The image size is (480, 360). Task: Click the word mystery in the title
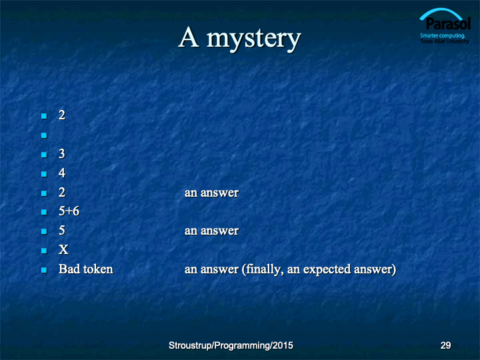pyautogui.click(x=254, y=39)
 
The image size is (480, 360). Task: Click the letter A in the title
pyautogui.click(x=189, y=37)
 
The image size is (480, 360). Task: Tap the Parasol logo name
pyautogui.click(x=448, y=24)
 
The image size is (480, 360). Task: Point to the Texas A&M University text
pyautogui.click(x=445, y=41)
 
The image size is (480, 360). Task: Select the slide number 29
pyautogui.click(x=445, y=345)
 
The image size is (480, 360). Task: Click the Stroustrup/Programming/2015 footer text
pyautogui.click(x=231, y=345)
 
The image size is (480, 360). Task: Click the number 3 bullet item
pyautogui.click(x=62, y=154)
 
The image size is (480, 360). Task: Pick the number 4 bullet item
pyautogui.click(x=62, y=173)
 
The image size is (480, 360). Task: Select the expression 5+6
pyautogui.click(x=69, y=211)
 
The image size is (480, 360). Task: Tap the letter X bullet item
pyautogui.click(x=63, y=250)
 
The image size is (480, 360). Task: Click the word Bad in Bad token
pyautogui.click(x=69, y=269)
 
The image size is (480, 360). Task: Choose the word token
pyautogui.click(x=98, y=269)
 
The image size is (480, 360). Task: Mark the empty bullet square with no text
pyautogui.click(x=44, y=135)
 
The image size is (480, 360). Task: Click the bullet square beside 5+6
pyautogui.click(x=44, y=212)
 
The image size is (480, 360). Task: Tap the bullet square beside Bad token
pyautogui.click(x=44, y=270)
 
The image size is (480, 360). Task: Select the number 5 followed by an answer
pyautogui.click(x=62, y=231)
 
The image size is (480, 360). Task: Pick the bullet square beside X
pyautogui.click(x=44, y=251)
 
